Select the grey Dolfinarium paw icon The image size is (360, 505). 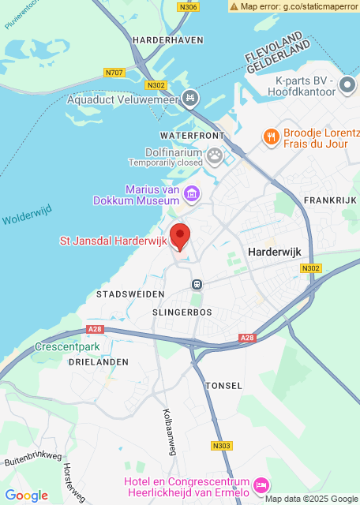pyautogui.click(x=214, y=157)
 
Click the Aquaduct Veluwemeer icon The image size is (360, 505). pyautogui.click(x=189, y=99)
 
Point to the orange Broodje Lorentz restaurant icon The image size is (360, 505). pyautogui.click(x=272, y=137)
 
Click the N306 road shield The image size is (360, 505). pyautogui.click(x=188, y=7)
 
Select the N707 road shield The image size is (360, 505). pyautogui.click(x=114, y=73)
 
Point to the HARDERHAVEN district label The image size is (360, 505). pyautogui.click(x=168, y=39)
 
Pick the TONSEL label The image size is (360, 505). pyautogui.click(x=218, y=386)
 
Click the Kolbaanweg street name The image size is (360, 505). pyautogui.click(x=170, y=432)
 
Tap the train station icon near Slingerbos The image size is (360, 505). pyautogui.click(x=197, y=284)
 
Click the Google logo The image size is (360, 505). pyautogui.click(x=26, y=496)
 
